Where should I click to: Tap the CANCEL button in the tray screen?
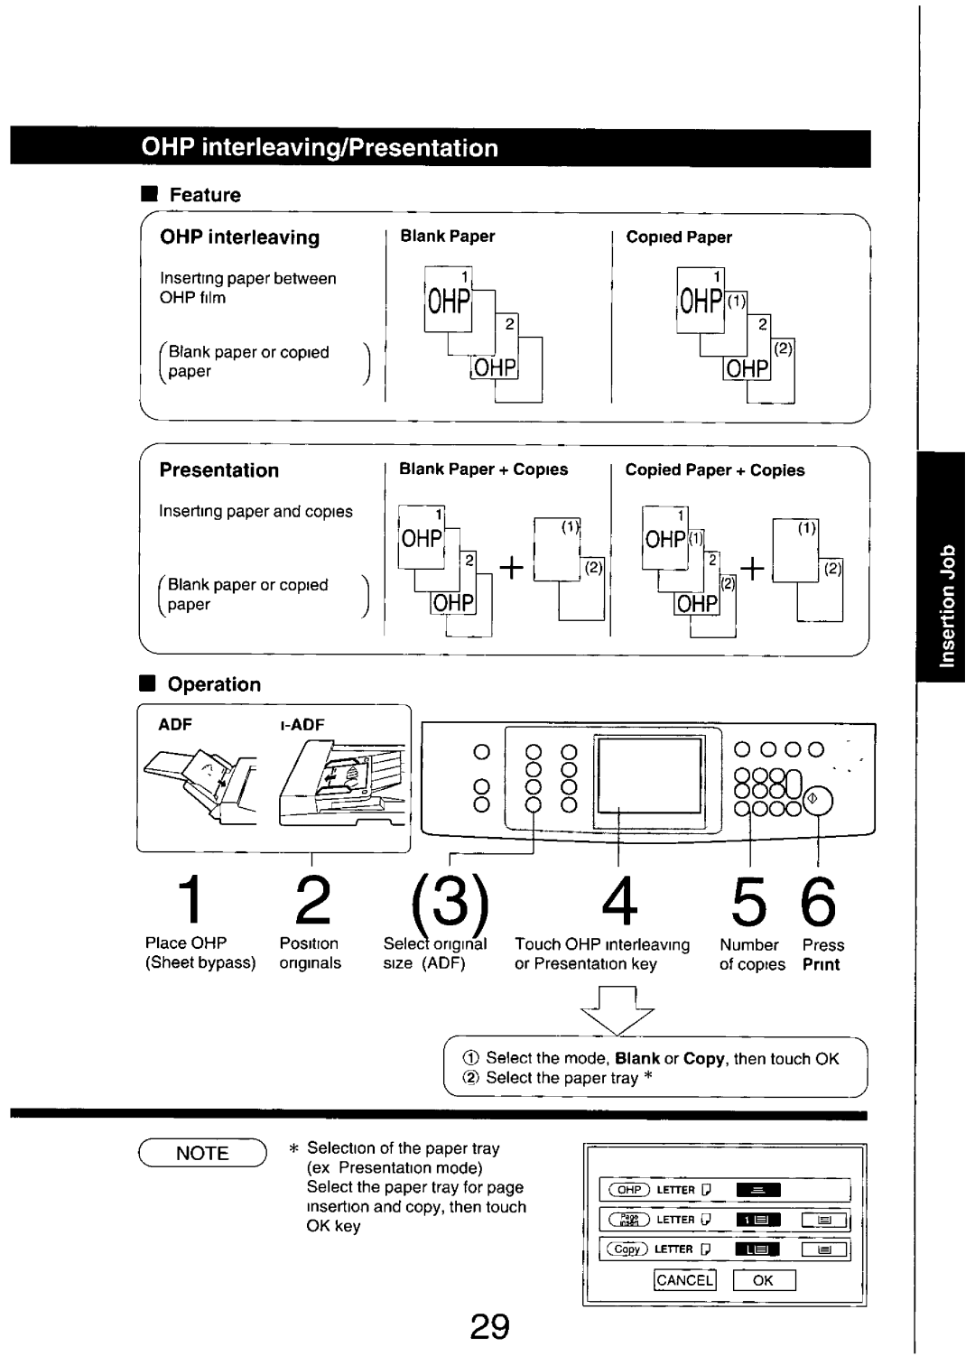pos(684,1280)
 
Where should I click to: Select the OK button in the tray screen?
pos(763,1280)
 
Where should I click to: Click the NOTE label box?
pos(202,1153)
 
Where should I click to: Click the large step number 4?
pos(618,901)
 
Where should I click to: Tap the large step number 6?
pos(818,901)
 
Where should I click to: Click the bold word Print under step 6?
pos(821,964)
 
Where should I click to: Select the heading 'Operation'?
pos(214,684)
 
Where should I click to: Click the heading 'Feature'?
pos(205,195)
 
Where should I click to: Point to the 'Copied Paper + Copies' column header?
pos(715,470)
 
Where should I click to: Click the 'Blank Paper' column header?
pos(448,237)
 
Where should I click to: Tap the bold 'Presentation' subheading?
pos(219,470)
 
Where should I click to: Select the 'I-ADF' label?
pos(302,725)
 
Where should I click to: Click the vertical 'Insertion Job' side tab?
pos(944,604)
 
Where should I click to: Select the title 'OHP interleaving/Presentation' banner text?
pos(320,148)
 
